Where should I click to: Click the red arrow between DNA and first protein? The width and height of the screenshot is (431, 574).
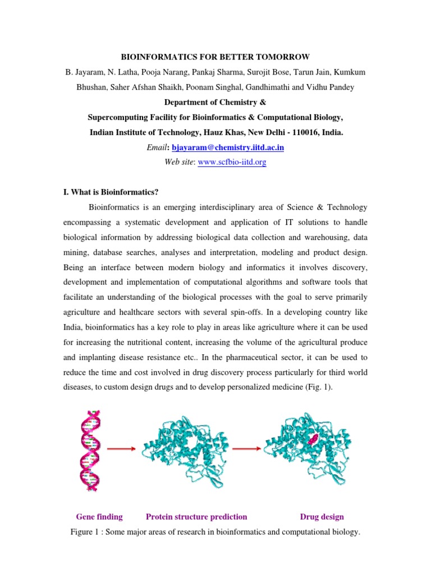(x=120, y=448)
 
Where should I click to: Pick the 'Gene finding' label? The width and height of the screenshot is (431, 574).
(x=99, y=517)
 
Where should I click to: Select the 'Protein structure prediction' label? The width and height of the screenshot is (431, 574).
(x=196, y=517)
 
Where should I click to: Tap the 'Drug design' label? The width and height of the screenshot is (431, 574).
(x=322, y=517)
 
